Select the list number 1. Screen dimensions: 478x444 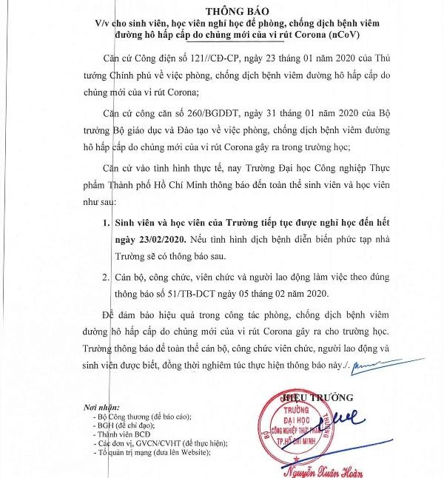98,222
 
